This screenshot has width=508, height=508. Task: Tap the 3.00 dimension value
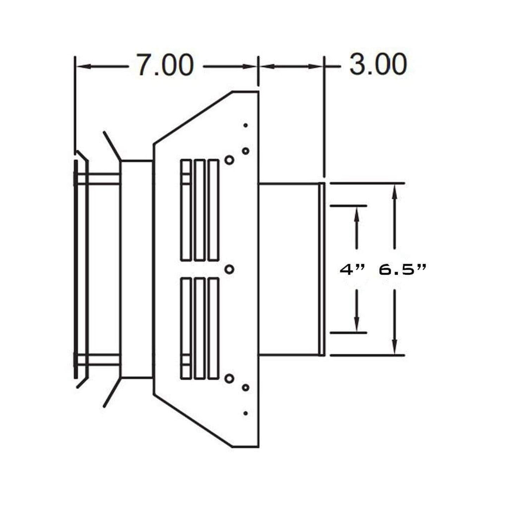click(x=378, y=65)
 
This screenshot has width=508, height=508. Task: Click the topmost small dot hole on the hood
click(x=245, y=125)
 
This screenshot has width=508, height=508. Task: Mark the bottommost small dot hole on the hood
click(x=245, y=413)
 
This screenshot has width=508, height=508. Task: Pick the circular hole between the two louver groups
click(x=229, y=269)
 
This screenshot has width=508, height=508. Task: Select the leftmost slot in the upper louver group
click(x=186, y=210)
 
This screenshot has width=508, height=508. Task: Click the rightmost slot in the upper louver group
click(x=213, y=210)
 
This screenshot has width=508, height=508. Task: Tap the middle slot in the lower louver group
click(x=199, y=328)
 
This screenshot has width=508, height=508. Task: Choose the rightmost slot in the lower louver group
click(x=213, y=328)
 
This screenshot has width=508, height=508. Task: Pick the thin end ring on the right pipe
click(x=321, y=269)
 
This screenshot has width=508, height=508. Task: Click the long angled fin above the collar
click(x=112, y=146)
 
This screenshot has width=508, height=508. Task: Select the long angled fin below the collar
click(x=112, y=393)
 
